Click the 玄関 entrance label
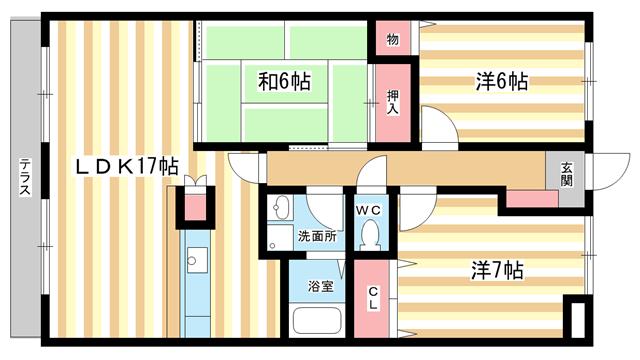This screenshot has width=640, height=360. [x=567, y=173]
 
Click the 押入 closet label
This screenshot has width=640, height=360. [x=394, y=103]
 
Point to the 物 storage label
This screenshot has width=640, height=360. [x=393, y=40]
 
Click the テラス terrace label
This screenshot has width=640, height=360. [x=24, y=181]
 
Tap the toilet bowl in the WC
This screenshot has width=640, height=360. [x=372, y=235]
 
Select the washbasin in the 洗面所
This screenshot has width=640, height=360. [x=281, y=208]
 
